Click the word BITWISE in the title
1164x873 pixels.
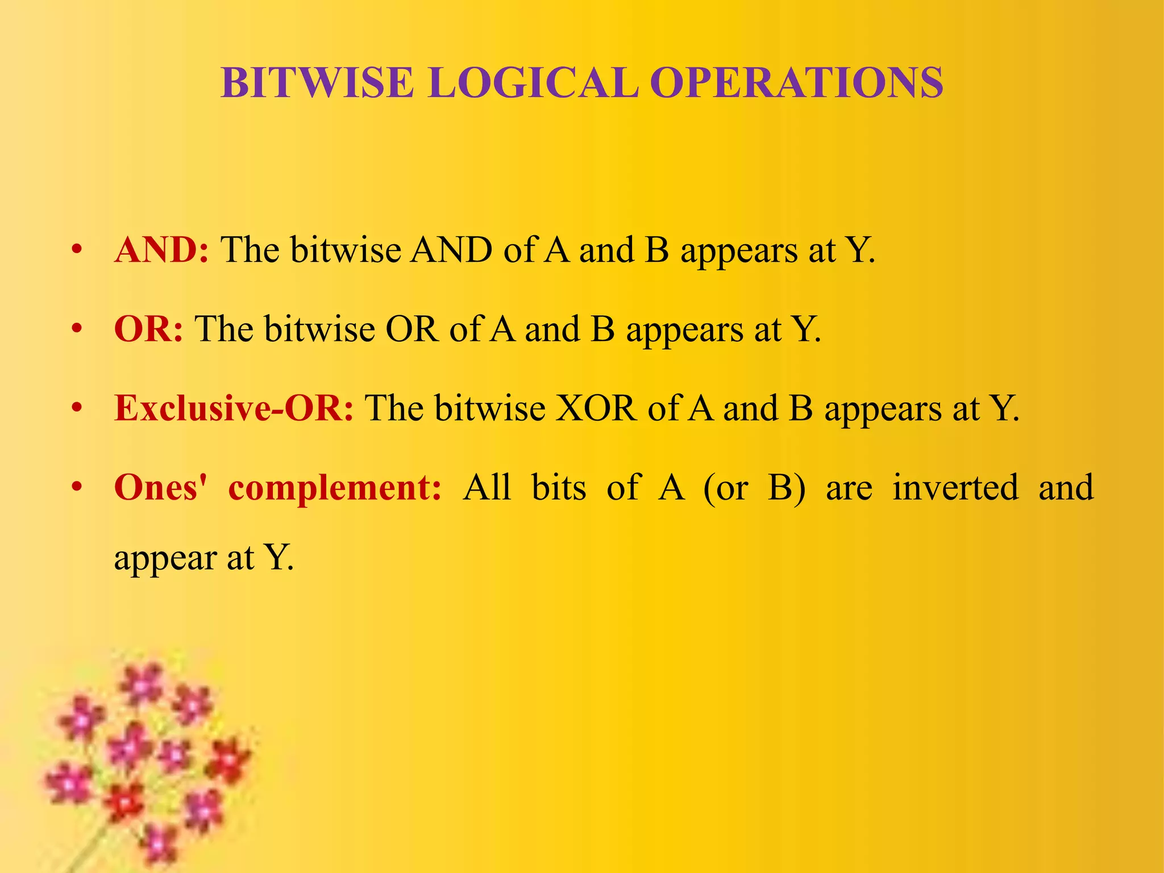(317, 83)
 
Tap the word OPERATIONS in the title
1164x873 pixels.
(796, 83)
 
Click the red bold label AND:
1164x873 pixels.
(161, 250)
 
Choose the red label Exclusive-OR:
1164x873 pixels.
(234, 408)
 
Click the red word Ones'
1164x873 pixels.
(161, 488)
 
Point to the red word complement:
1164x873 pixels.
(335, 488)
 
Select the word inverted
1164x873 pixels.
(955, 488)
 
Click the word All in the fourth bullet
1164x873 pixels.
(487, 488)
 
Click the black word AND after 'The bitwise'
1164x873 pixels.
(451, 250)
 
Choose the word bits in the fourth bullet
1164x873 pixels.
(559, 488)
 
